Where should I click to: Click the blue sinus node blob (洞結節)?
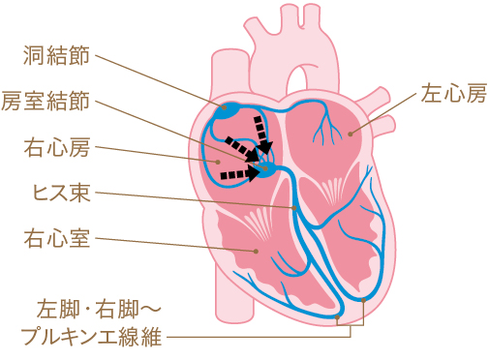tap(229, 108)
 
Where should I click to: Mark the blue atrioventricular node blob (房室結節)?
tap(268, 169)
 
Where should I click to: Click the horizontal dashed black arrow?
tap(238, 175)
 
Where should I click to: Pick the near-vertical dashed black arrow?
tap(260, 133)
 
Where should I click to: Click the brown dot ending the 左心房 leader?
tap(351, 131)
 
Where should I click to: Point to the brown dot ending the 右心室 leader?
tap(256, 251)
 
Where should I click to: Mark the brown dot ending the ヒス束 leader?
tap(292, 207)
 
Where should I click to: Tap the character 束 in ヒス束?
tap(82, 192)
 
